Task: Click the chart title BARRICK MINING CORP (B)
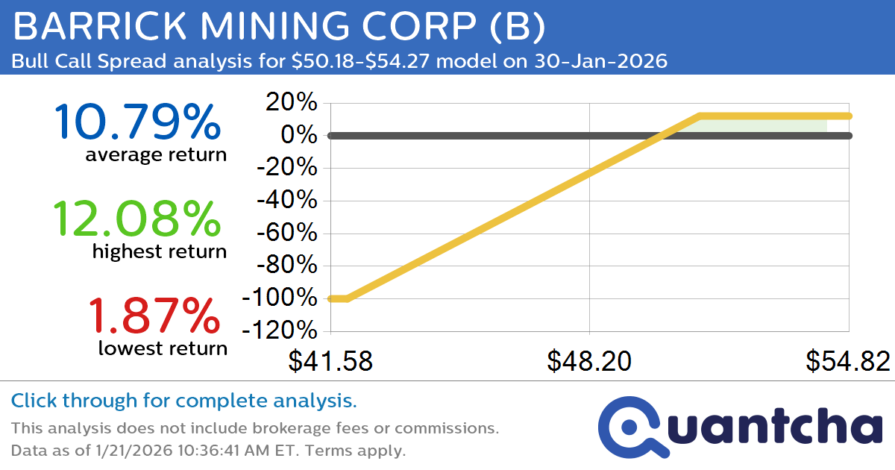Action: [279, 27]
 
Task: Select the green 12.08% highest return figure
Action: [137, 219]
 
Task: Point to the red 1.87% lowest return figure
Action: [154, 315]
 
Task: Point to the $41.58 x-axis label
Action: [330, 361]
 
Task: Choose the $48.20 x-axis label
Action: [589, 361]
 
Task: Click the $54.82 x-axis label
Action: [847, 361]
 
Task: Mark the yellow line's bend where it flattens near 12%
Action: [700, 116]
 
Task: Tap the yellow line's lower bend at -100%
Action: [348, 298]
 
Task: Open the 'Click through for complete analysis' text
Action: [183, 401]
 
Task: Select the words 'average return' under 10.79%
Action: [155, 154]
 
